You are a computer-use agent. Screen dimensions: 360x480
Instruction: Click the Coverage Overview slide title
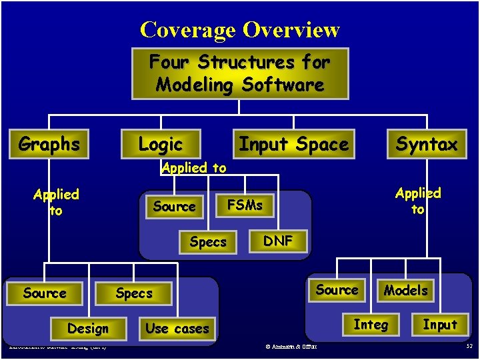point(240,30)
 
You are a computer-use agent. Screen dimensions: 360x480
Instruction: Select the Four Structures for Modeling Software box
point(240,73)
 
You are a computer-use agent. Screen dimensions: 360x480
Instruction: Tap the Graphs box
point(49,144)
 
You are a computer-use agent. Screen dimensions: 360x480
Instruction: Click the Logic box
point(160,144)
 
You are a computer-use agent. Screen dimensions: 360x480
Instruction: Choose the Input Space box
point(293,144)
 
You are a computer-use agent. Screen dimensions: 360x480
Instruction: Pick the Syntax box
point(427,144)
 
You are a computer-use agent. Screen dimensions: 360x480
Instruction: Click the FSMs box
point(245,205)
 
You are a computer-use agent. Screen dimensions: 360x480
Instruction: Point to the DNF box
point(278,241)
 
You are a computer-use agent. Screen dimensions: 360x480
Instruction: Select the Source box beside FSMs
point(174,207)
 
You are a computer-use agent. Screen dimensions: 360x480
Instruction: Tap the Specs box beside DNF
point(207,242)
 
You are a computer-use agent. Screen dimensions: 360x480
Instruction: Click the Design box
point(87,329)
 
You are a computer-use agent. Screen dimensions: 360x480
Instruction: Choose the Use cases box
point(177,329)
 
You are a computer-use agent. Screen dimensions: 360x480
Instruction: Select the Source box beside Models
point(337,290)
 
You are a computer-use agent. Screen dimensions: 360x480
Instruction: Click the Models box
point(406,290)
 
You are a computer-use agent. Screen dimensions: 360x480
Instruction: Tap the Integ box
point(370,325)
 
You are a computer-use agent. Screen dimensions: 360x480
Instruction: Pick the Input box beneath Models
point(440,325)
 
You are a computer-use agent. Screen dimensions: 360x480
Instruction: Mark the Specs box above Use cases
point(134,293)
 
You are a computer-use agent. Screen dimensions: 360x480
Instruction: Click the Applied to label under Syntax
point(418,201)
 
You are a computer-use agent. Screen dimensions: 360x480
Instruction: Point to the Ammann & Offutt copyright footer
point(291,346)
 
